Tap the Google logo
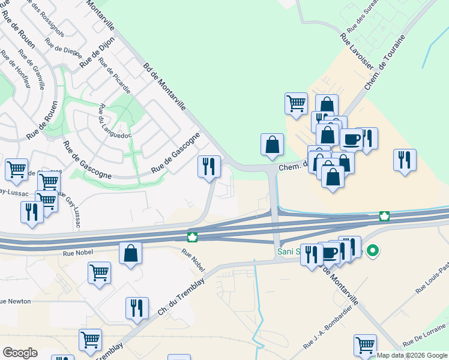point(20,353)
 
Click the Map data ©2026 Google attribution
point(412,355)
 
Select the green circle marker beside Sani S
point(373,250)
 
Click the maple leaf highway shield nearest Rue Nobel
point(193,238)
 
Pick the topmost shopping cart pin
point(296,103)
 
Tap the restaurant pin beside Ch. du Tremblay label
point(137,308)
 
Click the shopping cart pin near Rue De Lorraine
point(364,345)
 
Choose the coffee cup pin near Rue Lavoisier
point(351,139)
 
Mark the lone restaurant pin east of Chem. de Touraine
point(405,160)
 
